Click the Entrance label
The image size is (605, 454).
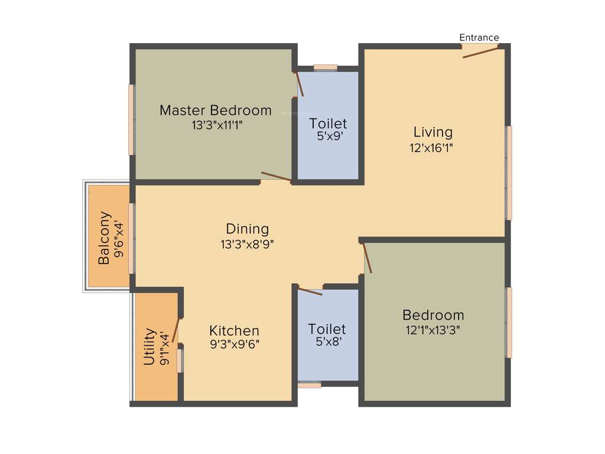pyautogui.click(x=479, y=38)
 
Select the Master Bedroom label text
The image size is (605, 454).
pyautogui.click(x=216, y=111)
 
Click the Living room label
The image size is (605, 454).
pyautogui.click(x=432, y=132)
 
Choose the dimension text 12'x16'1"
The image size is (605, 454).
pyautogui.click(x=432, y=148)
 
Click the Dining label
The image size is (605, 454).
pyautogui.click(x=247, y=229)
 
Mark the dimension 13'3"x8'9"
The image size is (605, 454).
pyautogui.click(x=247, y=244)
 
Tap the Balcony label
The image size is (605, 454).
pyautogui.click(x=104, y=238)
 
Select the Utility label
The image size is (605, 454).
pyautogui.click(x=149, y=347)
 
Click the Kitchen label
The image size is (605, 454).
pyautogui.click(x=234, y=331)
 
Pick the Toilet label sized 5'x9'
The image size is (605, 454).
pyautogui.click(x=328, y=124)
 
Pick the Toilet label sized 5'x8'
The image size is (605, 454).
pyautogui.click(x=327, y=329)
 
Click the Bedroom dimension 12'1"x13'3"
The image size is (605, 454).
pyautogui.click(x=433, y=330)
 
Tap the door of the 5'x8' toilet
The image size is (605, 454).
pyautogui.click(x=310, y=291)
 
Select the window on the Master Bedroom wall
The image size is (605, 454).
pyautogui.click(x=131, y=120)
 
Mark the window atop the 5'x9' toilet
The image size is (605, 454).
pyautogui.click(x=325, y=67)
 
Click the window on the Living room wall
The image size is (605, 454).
pyautogui.click(x=509, y=173)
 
